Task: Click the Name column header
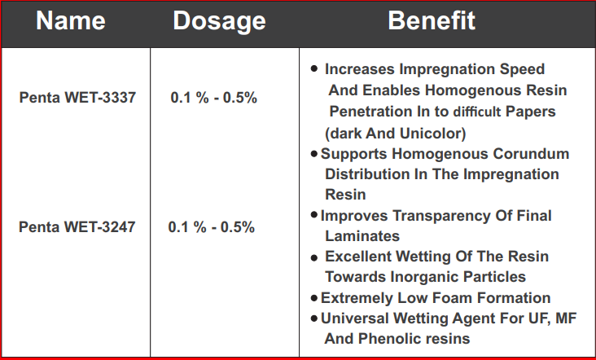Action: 71,20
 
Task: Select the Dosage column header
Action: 219,22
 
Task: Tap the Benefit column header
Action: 432,20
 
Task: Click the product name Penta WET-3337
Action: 77,98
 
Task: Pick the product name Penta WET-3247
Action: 77,227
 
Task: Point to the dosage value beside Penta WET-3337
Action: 213,98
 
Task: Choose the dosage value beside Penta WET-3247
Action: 212,227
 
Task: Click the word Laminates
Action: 362,236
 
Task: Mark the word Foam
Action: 453,298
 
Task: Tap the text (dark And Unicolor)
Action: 396,134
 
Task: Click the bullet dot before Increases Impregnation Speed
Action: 314,68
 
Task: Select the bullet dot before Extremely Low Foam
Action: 314,298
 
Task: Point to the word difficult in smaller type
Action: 477,112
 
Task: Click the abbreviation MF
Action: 566,318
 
